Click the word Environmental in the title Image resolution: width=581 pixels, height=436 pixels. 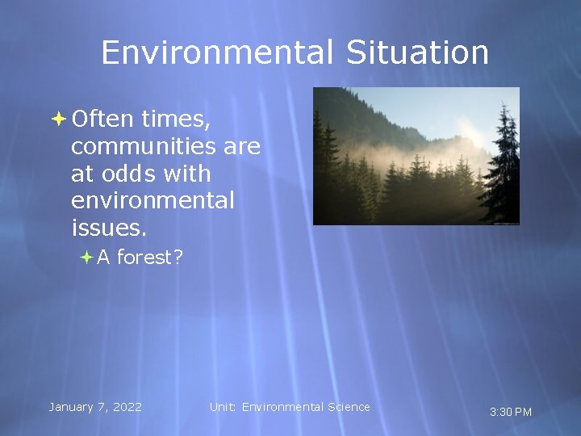pyautogui.click(x=216, y=53)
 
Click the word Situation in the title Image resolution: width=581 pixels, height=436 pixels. pyautogui.click(x=418, y=53)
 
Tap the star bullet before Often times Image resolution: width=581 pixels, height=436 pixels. pyautogui.click(x=59, y=119)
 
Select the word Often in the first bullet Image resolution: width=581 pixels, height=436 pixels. pyautogui.click(x=102, y=119)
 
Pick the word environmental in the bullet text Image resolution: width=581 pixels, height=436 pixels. pyautogui.click(x=153, y=200)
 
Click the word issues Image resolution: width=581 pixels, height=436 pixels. pyautogui.click(x=109, y=228)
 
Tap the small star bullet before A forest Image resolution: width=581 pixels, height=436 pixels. pyautogui.click(x=87, y=258)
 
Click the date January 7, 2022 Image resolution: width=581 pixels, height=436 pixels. pyautogui.click(x=95, y=407)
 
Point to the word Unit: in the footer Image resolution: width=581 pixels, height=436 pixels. pyautogui.click(x=224, y=407)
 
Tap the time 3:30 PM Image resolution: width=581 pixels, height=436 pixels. pyautogui.click(x=511, y=412)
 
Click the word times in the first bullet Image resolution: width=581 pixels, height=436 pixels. pyautogui.click(x=175, y=119)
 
